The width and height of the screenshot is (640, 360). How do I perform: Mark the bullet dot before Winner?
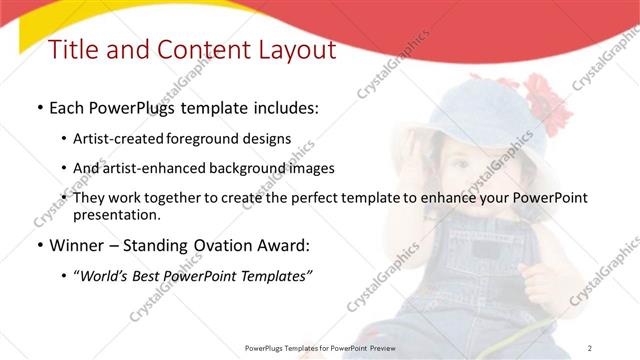coord(38,245)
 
